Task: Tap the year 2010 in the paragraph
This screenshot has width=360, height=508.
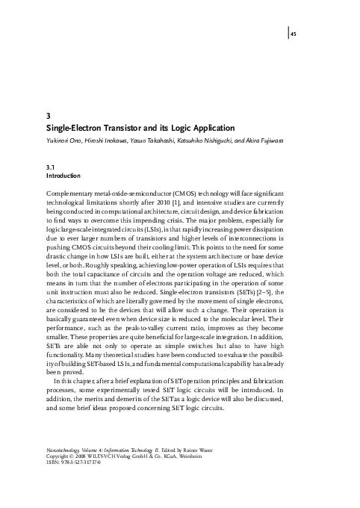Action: pos(167,203)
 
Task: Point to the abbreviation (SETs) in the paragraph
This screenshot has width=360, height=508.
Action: pos(244,284)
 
